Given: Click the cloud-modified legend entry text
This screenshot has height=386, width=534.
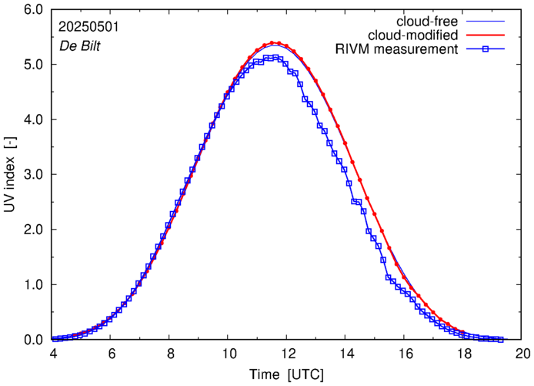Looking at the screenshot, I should [414, 35].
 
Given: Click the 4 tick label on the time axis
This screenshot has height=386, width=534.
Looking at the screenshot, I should [53, 354].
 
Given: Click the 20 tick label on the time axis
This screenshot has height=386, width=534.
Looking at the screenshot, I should [522, 354].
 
